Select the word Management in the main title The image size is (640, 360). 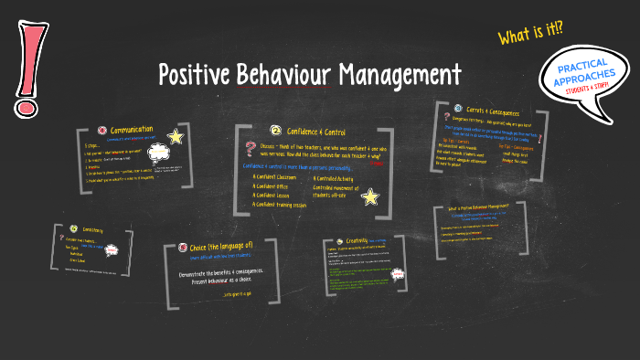tap(401, 74)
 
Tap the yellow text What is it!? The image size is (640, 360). tap(530, 34)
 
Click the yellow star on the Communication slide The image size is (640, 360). tap(176, 137)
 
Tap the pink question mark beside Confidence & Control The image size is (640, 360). tap(250, 150)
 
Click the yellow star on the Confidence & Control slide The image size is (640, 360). tap(369, 196)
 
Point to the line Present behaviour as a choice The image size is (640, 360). tap(229, 281)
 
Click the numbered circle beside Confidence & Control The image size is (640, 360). tap(274, 131)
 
